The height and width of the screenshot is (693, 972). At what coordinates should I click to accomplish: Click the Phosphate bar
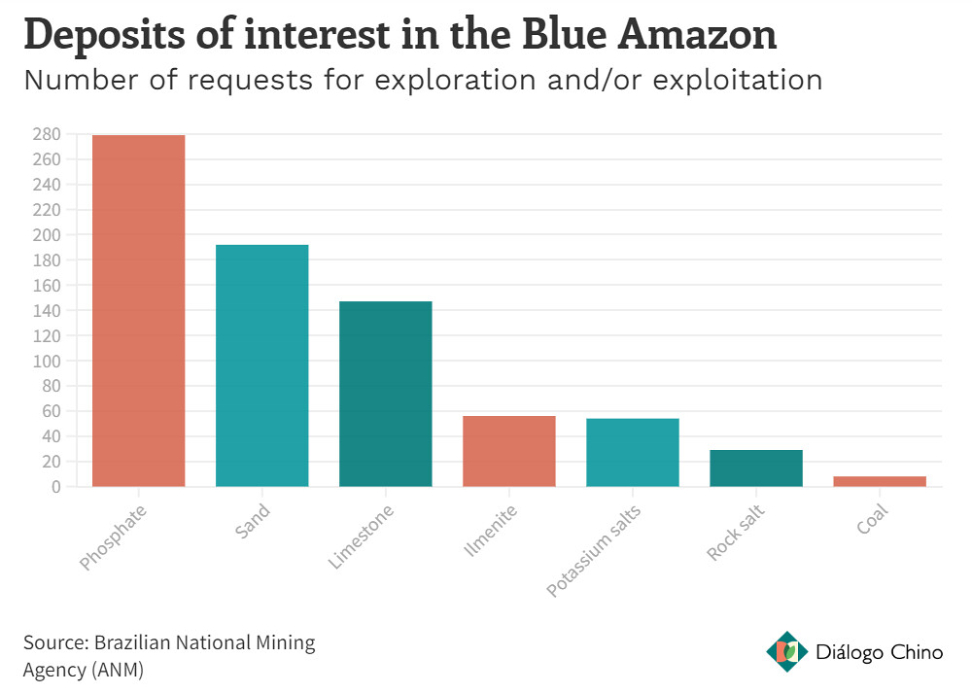(138, 311)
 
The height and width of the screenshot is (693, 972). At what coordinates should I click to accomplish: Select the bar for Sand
(261, 365)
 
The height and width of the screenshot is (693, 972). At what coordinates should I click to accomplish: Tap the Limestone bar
(386, 394)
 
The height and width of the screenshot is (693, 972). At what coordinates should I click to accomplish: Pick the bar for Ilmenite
(509, 451)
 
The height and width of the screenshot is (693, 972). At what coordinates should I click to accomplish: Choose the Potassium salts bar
(633, 453)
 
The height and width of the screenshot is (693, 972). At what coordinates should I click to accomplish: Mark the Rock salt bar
(756, 468)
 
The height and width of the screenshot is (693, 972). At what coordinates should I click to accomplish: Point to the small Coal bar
(880, 481)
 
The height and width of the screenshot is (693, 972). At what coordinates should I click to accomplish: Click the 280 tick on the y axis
(47, 134)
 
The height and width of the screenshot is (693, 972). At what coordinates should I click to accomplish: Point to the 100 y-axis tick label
(47, 361)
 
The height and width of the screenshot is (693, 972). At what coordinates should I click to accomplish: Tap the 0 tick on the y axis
(55, 487)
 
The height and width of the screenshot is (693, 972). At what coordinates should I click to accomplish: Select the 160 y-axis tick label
(47, 285)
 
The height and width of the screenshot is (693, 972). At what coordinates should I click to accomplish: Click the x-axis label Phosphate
(113, 537)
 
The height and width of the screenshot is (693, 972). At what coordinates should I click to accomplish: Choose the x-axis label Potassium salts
(593, 551)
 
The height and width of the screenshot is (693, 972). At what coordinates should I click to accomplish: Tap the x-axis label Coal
(872, 519)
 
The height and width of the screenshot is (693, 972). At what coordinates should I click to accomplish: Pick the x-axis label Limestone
(361, 537)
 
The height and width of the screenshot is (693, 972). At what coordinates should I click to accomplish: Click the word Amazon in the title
(697, 34)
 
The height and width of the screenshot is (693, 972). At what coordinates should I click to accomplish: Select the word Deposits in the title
(104, 35)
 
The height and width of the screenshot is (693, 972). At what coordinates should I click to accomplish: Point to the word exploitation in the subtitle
(737, 80)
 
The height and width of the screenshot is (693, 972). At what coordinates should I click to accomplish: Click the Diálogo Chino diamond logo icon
(786, 651)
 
